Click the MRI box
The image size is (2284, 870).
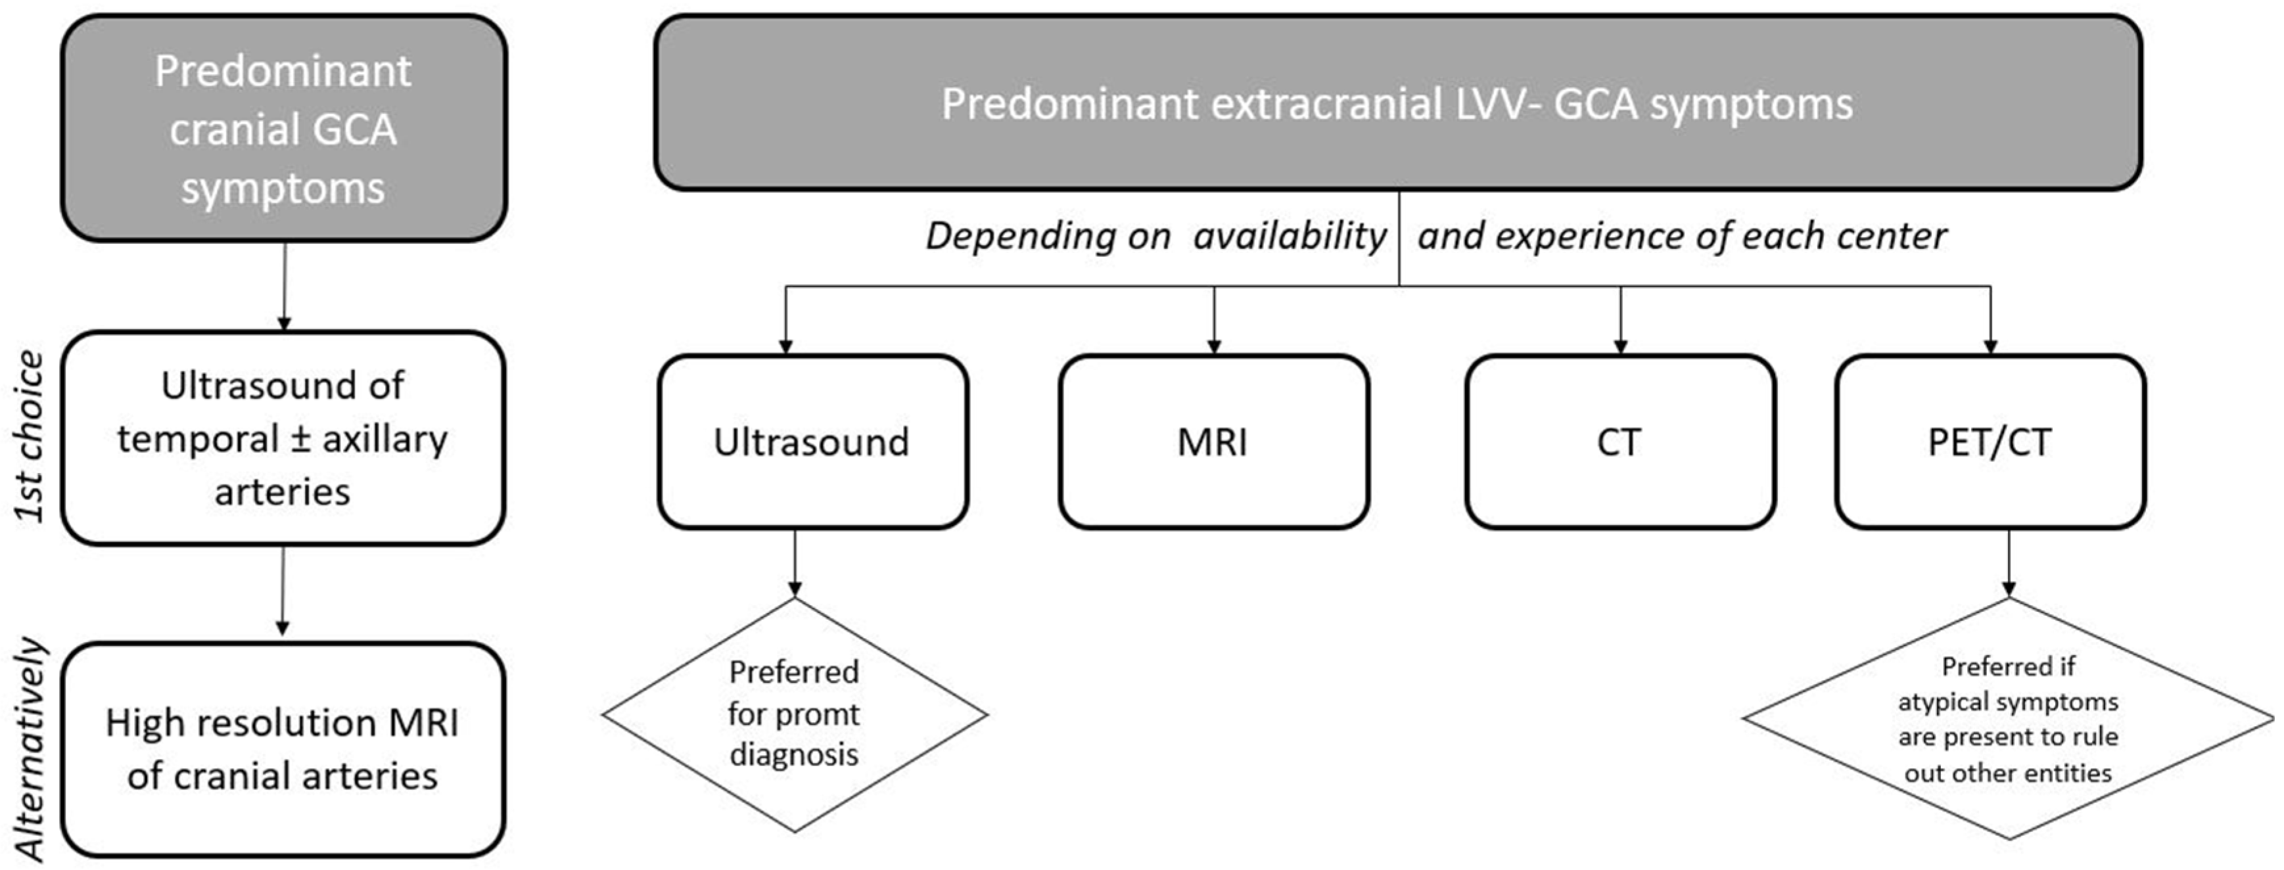pos(1213,442)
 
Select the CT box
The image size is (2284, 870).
pos(1620,442)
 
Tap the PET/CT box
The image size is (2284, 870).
pos(1990,442)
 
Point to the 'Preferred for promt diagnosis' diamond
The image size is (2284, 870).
pos(795,714)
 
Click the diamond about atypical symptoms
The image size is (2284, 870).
pos(2008,718)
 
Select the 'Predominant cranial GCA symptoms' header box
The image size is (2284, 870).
pos(284,129)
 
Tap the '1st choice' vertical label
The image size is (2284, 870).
pos(30,436)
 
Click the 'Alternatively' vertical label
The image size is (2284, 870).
pos(30,749)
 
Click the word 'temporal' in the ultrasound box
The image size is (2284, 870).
pos(198,439)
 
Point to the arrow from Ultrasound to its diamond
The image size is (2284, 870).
pos(795,564)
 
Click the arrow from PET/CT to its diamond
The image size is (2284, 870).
pos(2008,564)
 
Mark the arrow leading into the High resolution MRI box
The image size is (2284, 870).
pos(283,591)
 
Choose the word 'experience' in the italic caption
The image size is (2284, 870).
pos(1583,237)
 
